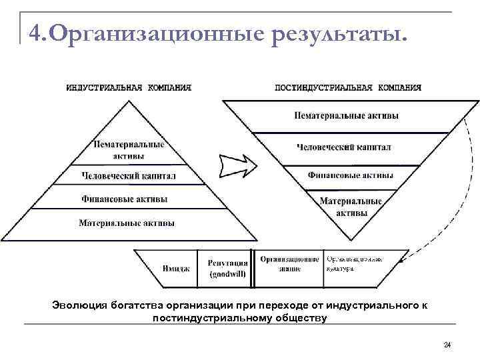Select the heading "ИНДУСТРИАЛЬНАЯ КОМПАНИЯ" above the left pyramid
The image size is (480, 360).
click(x=129, y=87)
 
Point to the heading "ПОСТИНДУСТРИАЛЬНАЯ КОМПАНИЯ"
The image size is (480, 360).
click(x=348, y=87)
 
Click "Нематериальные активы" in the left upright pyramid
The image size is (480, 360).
click(x=129, y=150)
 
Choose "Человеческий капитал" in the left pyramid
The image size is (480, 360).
click(x=129, y=176)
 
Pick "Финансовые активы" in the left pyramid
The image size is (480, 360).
click(x=125, y=199)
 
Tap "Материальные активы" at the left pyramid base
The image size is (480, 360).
click(x=127, y=222)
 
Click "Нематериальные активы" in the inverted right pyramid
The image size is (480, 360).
click(x=347, y=115)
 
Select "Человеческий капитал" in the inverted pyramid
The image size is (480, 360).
click(x=344, y=147)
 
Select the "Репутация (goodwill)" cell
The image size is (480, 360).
click(x=227, y=268)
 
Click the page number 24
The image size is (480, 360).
click(x=447, y=345)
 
